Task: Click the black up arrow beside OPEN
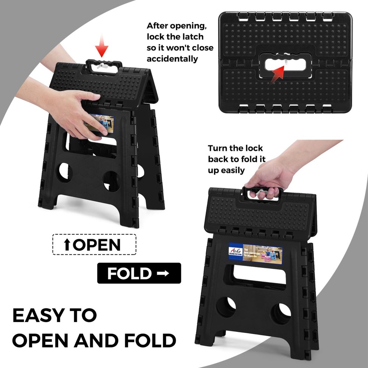(x=67, y=245)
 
